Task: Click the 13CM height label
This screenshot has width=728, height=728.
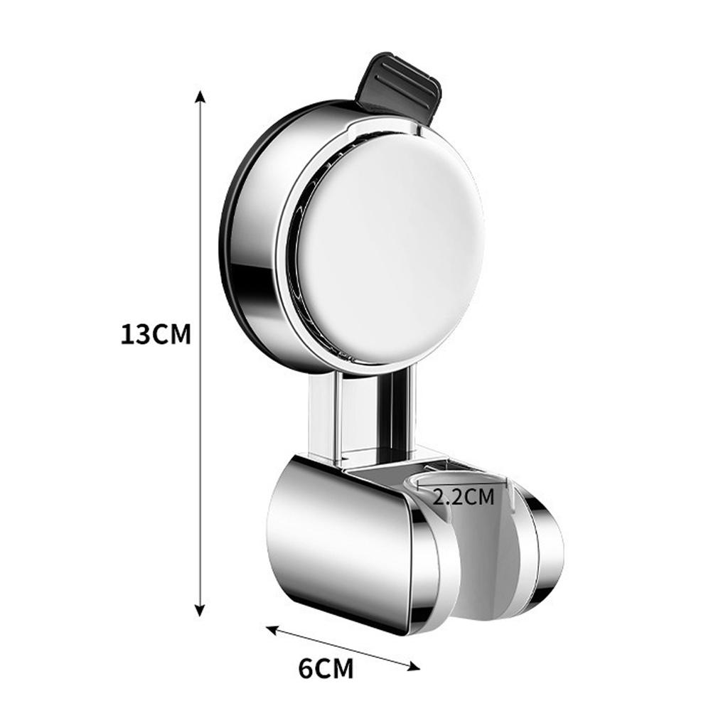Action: pyautogui.click(x=156, y=333)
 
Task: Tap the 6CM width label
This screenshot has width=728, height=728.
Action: pyautogui.click(x=326, y=668)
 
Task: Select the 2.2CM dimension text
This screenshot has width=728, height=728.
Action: pyautogui.click(x=464, y=496)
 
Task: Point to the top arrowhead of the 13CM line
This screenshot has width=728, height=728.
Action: pyautogui.click(x=200, y=97)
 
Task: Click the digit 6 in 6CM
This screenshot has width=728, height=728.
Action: pyautogui.click(x=306, y=668)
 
